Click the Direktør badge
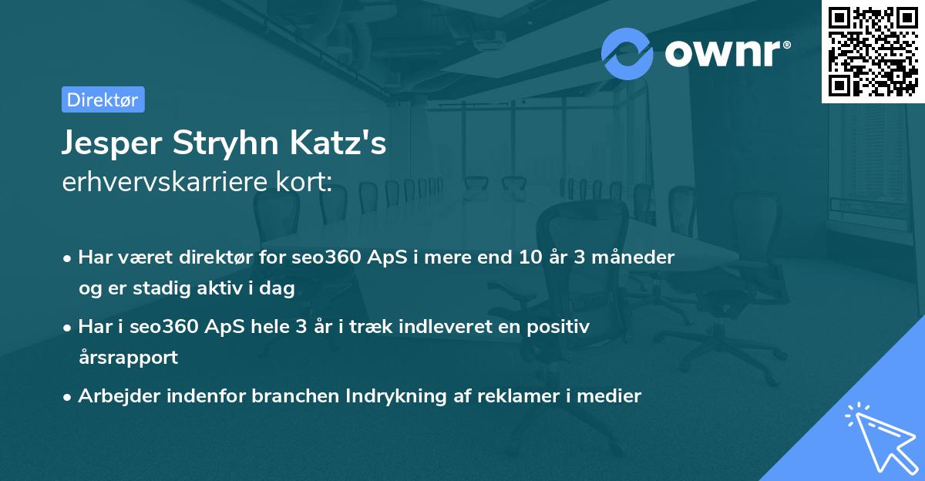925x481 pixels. point(102,99)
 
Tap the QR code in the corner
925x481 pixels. point(873,51)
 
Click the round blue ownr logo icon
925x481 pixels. point(627,53)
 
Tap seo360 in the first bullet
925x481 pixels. point(325,257)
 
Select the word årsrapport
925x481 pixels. point(128,358)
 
